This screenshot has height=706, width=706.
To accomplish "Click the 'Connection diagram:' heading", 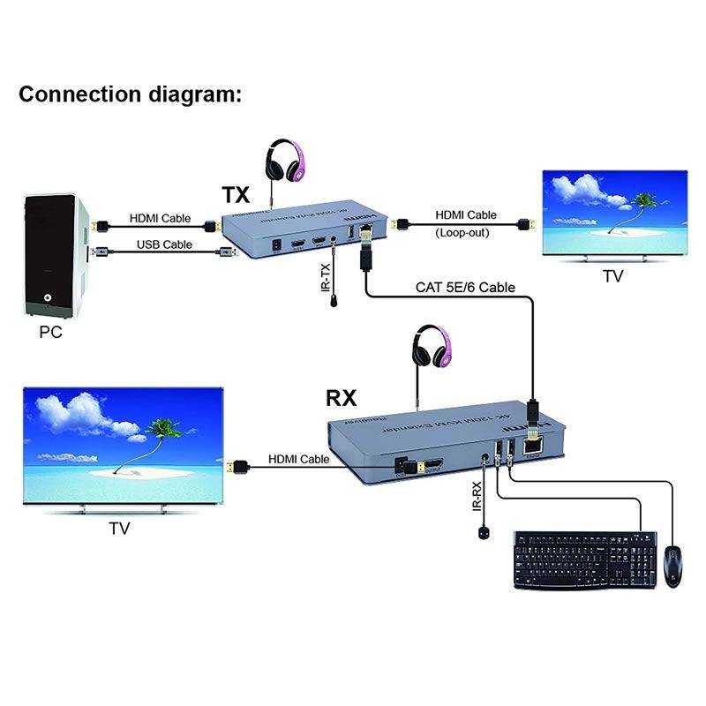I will [x=130, y=94].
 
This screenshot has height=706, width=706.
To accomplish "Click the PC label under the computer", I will [x=51, y=334].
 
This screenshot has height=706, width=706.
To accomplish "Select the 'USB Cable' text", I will [x=164, y=244].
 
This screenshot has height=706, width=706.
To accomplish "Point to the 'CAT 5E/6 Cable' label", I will [x=465, y=287].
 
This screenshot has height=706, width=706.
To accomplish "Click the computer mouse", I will [x=672, y=565].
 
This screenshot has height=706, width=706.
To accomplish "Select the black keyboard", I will [x=585, y=560].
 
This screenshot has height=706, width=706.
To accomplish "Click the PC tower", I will [x=55, y=256].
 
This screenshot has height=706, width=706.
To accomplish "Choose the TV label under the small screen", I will [x=612, y=276].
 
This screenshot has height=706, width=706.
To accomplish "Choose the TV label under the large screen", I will [x=119, y=529].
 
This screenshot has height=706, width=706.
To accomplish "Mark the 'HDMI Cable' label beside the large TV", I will [x=299, y=459].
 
